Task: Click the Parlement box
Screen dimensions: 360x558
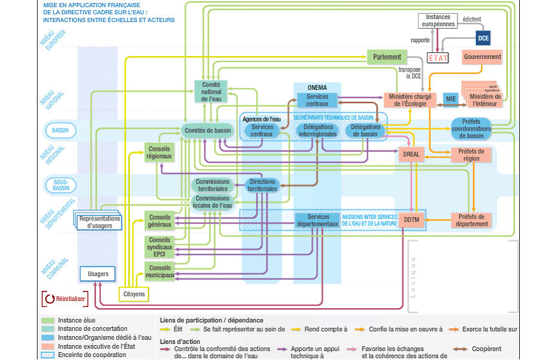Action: coord(387,57)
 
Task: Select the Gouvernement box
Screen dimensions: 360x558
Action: coord(482,57)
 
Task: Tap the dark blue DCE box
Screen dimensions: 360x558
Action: coord(483,38)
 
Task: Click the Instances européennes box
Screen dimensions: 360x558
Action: coord(438,21)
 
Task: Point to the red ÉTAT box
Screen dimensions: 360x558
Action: coord(438,58)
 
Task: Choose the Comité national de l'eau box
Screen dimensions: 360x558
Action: coord(212,92)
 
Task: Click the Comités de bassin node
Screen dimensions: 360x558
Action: coord(207,131)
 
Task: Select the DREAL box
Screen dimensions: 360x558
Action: coord(411,154)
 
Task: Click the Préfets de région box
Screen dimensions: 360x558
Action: coord(472,154)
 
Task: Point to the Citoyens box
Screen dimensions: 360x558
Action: coord(134,294)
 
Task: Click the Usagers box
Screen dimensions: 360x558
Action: coord(98,274)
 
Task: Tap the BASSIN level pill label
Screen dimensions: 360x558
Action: coord(60,131)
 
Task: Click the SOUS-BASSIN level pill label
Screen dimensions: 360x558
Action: coord(60,185)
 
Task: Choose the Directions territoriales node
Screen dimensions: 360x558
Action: coord(263,185)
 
